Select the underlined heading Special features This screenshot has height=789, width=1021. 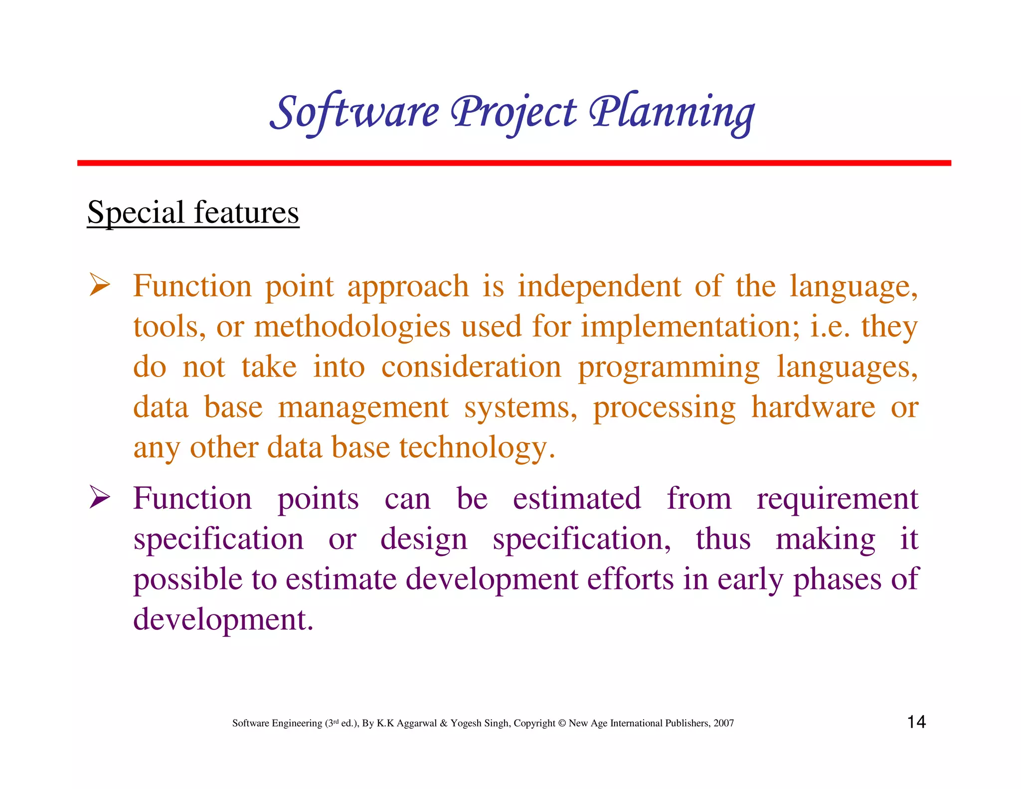coord(193,212)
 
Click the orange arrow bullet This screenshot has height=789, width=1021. coord(100,285)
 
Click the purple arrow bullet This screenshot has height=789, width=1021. coord(100,497)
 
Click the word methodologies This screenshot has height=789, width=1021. coord(352,327)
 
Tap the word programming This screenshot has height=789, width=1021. coord(669,368)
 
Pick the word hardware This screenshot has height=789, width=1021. coord(813,407)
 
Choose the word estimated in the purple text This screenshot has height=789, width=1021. coord(577,498)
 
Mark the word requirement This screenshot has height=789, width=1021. coord(837,498)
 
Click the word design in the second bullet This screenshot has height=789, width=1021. coord(424,540)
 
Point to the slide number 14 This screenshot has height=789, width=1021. coord(916,722)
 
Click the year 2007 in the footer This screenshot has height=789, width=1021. coord(723,723)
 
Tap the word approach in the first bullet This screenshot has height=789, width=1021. coord(408,287)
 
